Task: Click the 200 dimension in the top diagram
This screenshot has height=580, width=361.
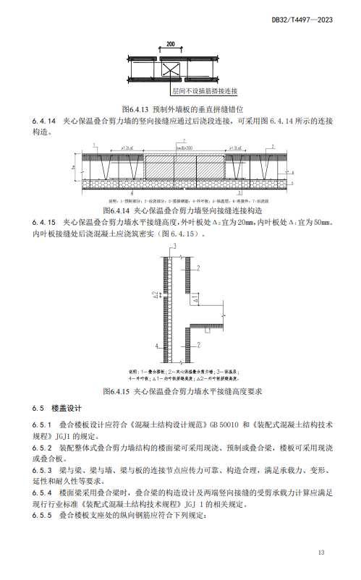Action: (x=170, y=45)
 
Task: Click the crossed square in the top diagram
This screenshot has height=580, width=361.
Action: (x=171, y=72)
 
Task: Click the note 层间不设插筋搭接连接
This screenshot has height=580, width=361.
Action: (x=205, y=92)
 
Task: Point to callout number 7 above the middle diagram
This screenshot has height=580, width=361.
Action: (x=184, y=140)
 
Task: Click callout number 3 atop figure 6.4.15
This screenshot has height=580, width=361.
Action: (x=176, y=247)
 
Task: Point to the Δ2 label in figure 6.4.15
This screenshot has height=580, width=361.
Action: (x=157, y=297)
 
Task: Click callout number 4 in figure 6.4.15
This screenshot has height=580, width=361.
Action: (x=157, y=347)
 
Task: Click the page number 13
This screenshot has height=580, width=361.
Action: (x=321, y=553)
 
